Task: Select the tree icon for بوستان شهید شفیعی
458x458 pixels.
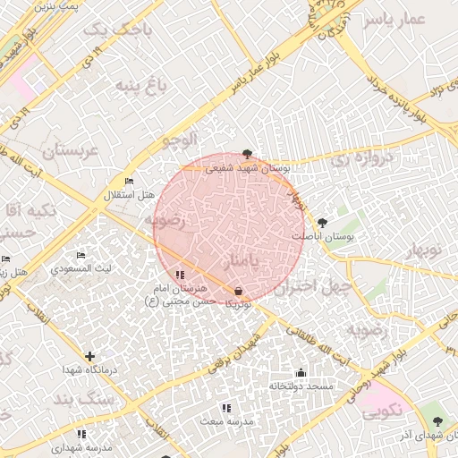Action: tap(247, 155)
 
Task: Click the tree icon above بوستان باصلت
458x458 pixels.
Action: tap(323, 223)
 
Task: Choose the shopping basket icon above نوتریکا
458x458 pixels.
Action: tap(238, 292)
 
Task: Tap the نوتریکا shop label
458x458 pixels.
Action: tap(238, 304)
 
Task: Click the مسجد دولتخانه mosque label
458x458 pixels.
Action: tap(301, 386)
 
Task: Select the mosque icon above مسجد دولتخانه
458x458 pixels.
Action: tap(301, 373)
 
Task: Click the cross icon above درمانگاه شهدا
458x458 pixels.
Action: tap(89, 356)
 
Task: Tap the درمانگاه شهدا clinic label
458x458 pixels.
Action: tap(86, 369)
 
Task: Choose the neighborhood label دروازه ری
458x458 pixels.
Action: tap(361, 160)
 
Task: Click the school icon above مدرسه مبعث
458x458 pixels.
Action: tap(225, 408)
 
